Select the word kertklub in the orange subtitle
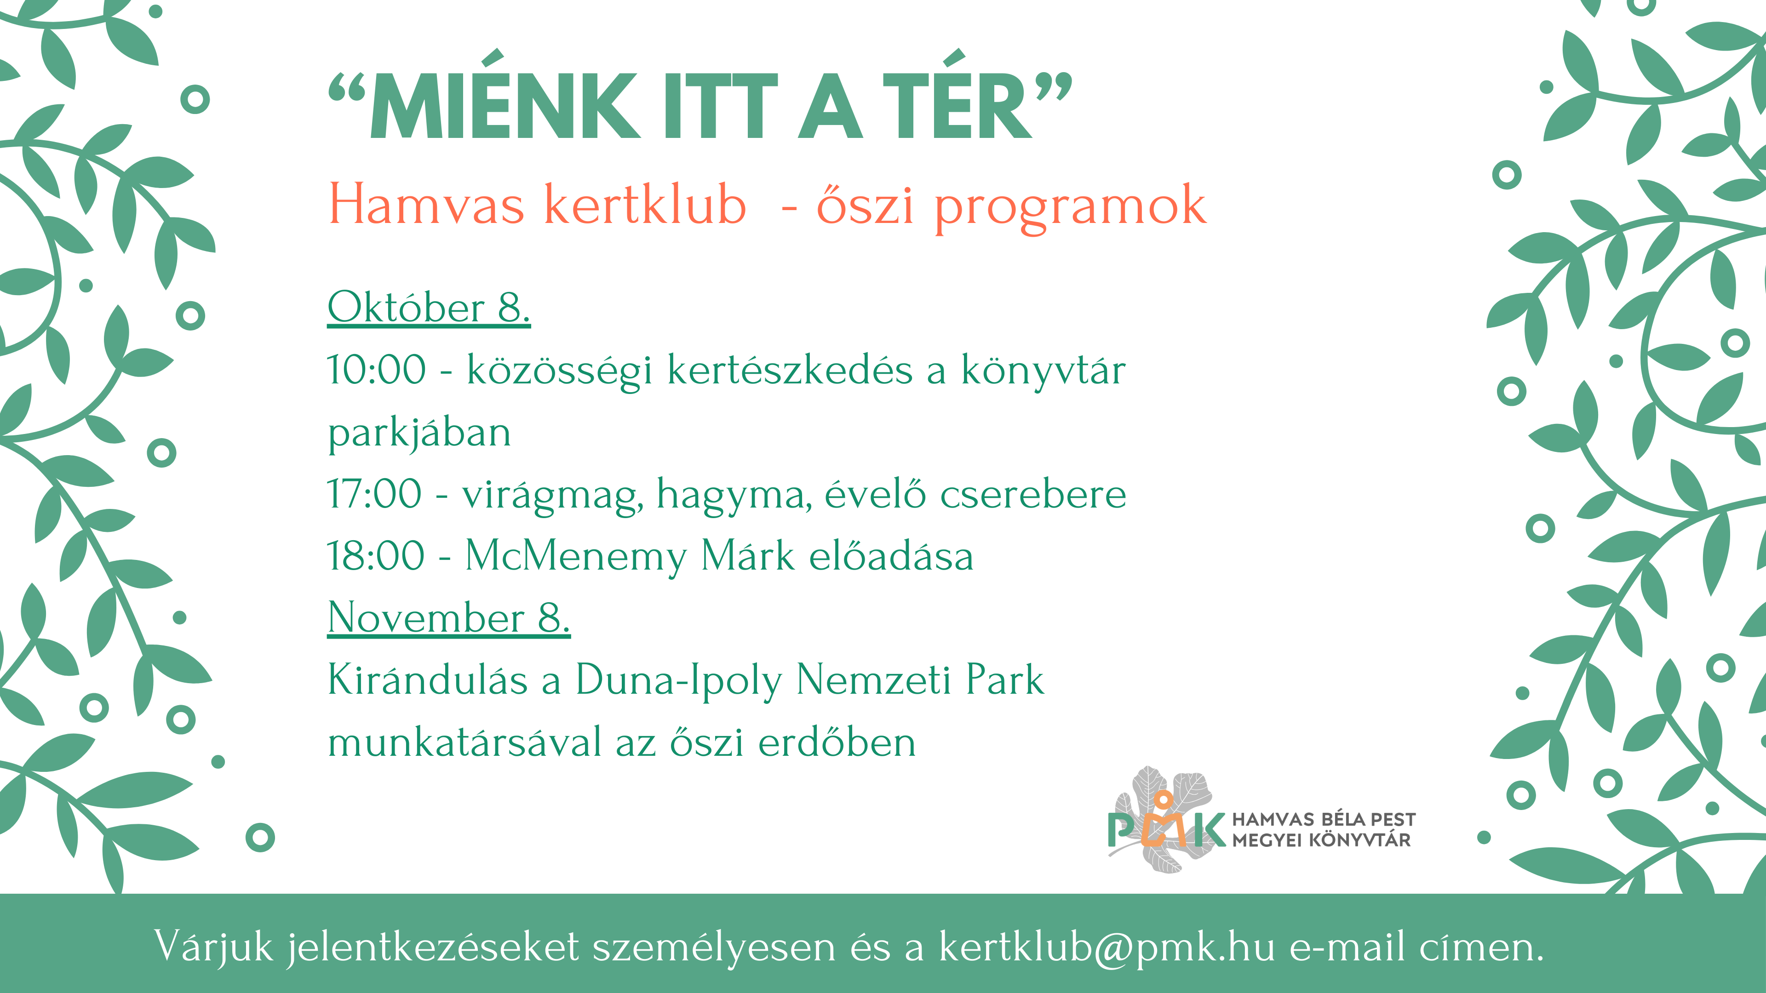point(644,204)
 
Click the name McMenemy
point(576,556)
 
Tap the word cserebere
point(1033,494)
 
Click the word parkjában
point(419,433)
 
